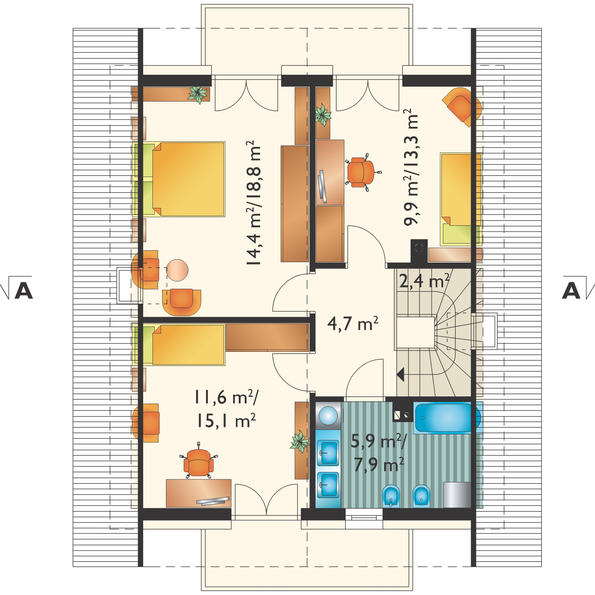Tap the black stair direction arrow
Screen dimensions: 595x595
tap(401, 375)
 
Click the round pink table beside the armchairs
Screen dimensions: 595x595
tap(177, 270)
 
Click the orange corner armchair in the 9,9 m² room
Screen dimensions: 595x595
tap(462, 106)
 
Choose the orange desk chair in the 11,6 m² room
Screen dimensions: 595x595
tap(198, 460)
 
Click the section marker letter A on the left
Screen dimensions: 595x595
tap(23, 292)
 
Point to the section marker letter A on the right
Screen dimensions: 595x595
tap(571, 292)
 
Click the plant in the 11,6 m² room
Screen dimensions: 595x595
tap(300, 442)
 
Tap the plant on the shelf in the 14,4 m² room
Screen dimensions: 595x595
tap(197, 94)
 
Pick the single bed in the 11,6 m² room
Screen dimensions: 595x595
tap(179, 344)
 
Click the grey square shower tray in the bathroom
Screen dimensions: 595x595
tap(457, 495)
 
